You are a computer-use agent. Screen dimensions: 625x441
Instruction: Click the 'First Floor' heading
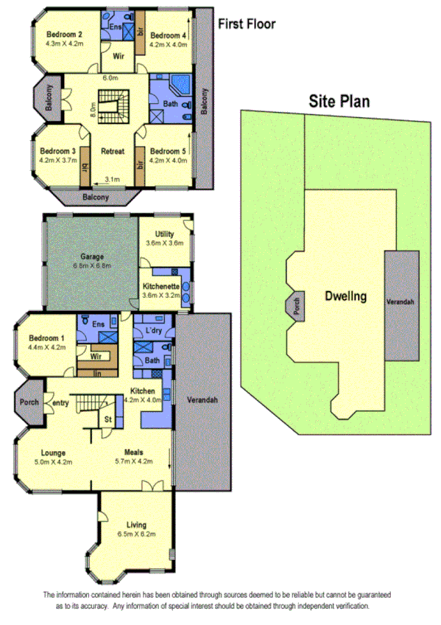pos(247,24)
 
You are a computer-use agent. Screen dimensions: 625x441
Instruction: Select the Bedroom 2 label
pos(65,34)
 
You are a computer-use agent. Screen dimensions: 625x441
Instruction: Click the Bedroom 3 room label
pos(58,150)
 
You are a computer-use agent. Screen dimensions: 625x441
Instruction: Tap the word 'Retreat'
pos(113,151)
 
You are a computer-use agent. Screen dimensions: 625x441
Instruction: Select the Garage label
pos(91,257)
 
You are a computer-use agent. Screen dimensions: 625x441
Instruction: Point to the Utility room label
pos(164,233)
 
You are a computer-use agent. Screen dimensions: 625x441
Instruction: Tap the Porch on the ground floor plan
pos(29,402)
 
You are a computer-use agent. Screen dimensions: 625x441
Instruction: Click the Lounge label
pos(53,453)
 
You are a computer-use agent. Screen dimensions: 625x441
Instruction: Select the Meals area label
pos(133,453)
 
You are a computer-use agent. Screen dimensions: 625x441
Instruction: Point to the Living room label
pos(136,524)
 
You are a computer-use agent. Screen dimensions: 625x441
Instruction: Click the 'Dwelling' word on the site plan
pos(345,297)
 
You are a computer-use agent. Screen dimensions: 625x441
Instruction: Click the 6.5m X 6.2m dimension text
pos(136,534)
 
